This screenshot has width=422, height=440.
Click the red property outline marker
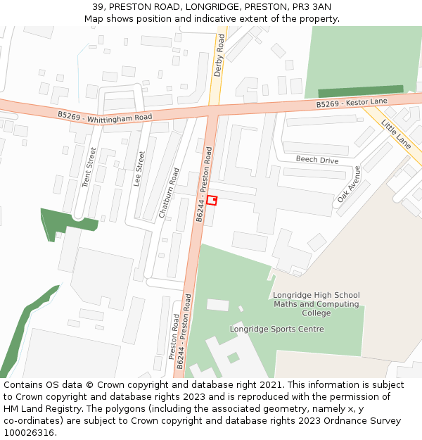(212, 200)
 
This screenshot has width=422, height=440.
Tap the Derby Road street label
(219, 58)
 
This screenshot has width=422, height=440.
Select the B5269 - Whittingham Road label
(105, 115)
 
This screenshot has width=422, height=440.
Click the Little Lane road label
(396, 133)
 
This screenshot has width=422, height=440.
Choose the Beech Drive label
(316, 161)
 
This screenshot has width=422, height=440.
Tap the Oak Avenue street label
(348, 184)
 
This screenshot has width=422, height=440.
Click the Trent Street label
(88, 167)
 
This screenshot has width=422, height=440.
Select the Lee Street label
(140, 168)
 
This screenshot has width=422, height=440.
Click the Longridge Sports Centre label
(277, 329)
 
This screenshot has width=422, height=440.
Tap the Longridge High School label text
(316, 295)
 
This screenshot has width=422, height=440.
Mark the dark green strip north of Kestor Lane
(361, 92)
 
